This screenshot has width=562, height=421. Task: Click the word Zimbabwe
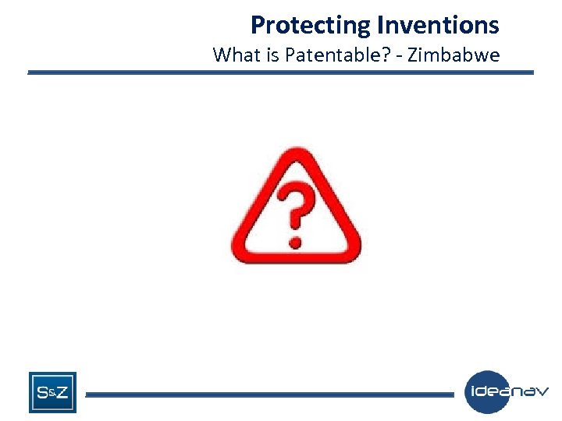coord(454,55)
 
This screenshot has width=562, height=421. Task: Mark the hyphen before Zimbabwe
coord(400,56)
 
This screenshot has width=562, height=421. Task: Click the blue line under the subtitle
coord(281,73)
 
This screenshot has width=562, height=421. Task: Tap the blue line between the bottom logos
coord(269,394)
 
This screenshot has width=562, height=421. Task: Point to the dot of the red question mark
coord(294,240)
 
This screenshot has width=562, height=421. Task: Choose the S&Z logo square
coord(52,392)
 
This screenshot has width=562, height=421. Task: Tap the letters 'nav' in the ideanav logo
coord(531,391)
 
